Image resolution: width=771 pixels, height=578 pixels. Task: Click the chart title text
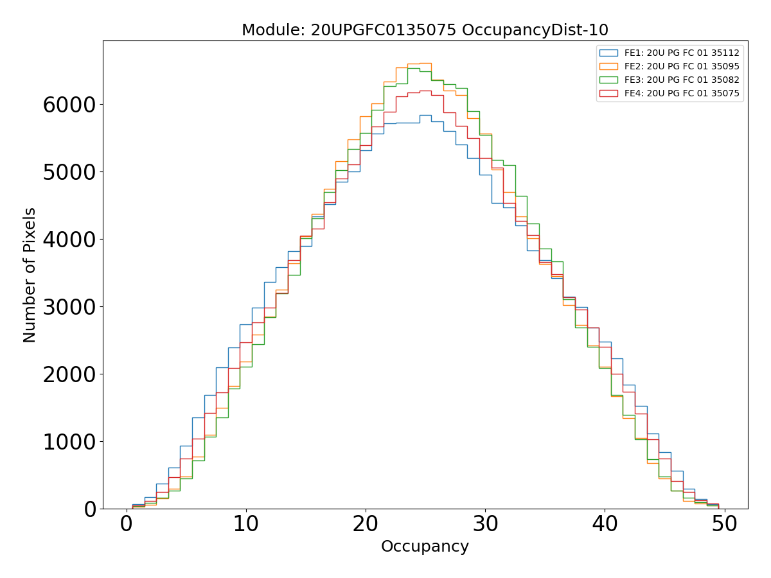(x=425, y=30)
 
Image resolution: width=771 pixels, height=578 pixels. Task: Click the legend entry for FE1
(x=682, y=53)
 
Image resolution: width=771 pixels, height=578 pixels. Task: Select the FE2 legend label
(x=682, y=66)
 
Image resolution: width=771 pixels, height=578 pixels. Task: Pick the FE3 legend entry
(x=682, y=80)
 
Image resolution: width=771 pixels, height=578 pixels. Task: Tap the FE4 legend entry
(x=682, y=93)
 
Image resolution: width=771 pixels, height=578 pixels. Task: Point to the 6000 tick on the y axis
(x=69, y=105)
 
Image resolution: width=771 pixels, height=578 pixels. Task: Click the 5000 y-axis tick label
(x=69, y=172)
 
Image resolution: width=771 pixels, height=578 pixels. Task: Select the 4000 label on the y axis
(x=69, y=240)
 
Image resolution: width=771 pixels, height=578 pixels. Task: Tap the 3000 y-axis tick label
(x=69, y=307)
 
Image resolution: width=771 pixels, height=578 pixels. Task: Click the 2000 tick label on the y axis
(x=69, y=374)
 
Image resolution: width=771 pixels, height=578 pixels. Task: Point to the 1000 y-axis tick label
(x=69, y=442)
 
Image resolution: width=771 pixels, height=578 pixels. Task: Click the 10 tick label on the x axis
(x=246, y=525)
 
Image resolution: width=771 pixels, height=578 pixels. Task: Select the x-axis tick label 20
(x=366, y=525)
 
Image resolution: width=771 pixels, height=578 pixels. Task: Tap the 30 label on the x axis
(x=485, y=525)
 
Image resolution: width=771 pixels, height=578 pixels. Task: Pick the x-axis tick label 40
(x=605, y=525)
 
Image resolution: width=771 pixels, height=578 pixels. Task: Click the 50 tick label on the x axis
(x=724, y=525)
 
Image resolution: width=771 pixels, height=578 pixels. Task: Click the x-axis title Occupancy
(x=425, y=547)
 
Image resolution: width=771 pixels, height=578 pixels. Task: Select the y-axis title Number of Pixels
(x=30, y=275)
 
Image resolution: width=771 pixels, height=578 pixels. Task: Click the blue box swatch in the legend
(x=608, y=53)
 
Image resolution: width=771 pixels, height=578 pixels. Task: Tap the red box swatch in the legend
(x=608, y=93)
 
